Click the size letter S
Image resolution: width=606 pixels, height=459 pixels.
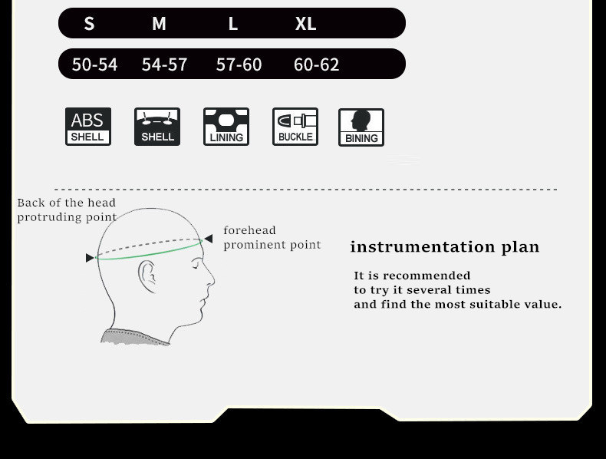[89, 24]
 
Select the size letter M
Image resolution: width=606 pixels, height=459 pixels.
[159, 24]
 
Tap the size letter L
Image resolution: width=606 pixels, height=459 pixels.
[232, 24]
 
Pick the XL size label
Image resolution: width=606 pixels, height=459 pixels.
[306, 24]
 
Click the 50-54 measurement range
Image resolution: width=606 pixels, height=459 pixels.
[94, 64]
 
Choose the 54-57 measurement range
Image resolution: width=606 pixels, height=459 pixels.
[165, 64]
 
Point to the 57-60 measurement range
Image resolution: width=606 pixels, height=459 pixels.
[239, 64]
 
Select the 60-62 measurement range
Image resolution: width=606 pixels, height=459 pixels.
[317, 64]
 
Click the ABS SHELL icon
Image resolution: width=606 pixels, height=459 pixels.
[88, 127]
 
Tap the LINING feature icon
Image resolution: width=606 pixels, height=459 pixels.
[226, 127]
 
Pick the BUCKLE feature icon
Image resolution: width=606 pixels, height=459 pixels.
[295, 127]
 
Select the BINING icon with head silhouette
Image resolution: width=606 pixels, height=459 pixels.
[361, 127]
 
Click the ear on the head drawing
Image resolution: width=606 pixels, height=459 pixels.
[147, 276]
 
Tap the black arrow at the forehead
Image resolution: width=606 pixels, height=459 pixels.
[209, 239]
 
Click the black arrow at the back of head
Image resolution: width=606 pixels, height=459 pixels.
[90, 258]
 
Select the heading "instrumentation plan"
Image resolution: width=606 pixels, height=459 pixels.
[444, 246]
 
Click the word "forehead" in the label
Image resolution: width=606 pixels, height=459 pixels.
[249, 230]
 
